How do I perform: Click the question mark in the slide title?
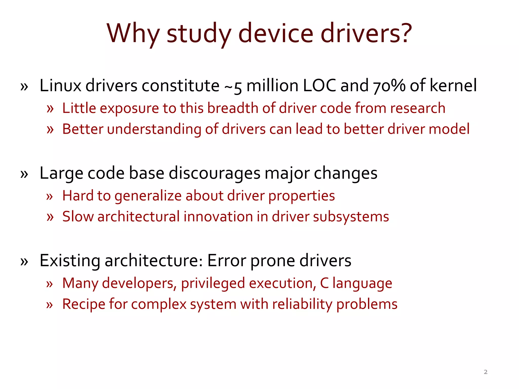(x=404, y=33)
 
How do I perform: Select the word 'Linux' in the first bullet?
(x=60, y=86)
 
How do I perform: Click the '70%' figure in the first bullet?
(x=389, y=86)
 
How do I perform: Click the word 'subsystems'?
(x=351, y=217)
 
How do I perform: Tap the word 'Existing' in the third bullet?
(x=70, y=261)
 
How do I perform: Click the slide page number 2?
(x=486, y=372)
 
